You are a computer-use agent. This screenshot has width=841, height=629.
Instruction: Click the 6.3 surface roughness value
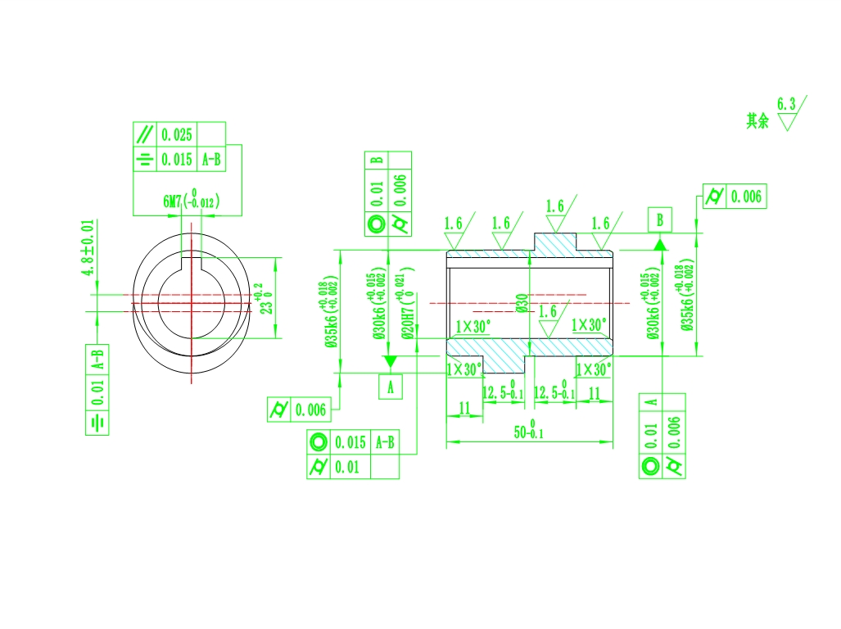[786, 104]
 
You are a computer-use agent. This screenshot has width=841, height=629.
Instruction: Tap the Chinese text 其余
[757, 121]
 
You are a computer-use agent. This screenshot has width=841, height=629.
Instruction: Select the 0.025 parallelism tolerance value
[177, 134]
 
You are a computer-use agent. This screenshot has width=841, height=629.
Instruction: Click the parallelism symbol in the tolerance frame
[144, 134]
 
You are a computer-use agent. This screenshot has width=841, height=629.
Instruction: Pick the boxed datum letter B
[660, 219]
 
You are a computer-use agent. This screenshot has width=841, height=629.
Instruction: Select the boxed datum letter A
[391, 387]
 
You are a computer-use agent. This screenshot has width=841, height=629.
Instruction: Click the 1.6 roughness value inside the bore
[548, 311]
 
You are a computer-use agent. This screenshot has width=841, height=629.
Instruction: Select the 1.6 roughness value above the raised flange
[555, 206]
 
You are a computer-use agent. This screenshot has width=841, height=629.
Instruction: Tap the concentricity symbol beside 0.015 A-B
[318, 442]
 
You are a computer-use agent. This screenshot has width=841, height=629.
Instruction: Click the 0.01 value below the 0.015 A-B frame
[345, 468]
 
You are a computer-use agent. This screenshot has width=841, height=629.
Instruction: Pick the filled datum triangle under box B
[660, 244]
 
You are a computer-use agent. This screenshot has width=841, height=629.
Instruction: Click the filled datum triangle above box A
[391, 361]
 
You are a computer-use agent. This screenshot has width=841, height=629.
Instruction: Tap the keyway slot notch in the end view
[190, 261]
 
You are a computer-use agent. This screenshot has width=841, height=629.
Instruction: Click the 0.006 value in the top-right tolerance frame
[745, 197]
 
